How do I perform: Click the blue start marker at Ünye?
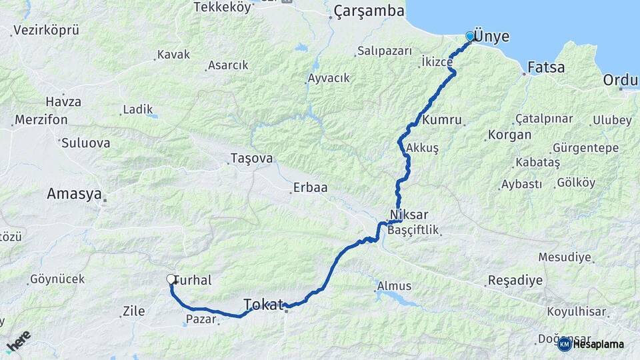click(x=470, y=36)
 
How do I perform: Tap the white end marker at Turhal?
click(x=171, y=280)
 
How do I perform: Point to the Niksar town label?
click(x=409, y=215)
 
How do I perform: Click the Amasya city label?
click(x=74, y=194)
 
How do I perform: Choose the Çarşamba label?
click(x=369, y=11)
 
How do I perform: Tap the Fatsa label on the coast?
click(x=546, y=67)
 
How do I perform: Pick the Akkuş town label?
click(x=422, y=149)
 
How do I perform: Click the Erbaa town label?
click(x=310, y=188)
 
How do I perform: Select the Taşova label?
click(x=251, y=159)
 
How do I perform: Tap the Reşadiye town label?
click(x=515, y=280)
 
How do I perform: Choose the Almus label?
click(x=395, y=286)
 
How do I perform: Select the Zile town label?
click(x=134, y=310)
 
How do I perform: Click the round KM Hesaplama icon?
click(x=564, y=344)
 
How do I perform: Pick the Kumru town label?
click(x=442, y=121)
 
